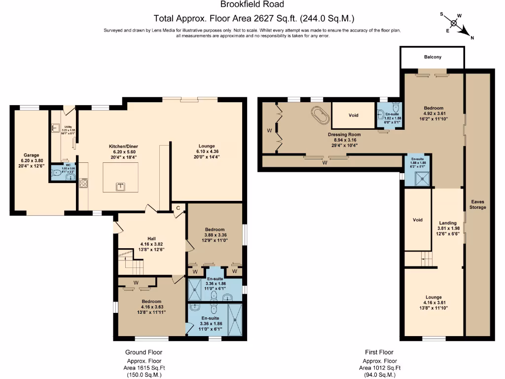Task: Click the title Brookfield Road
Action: (x=252, y=4)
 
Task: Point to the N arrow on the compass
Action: (x=466, y=33)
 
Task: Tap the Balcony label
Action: (x=433, y=57)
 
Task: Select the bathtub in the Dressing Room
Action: (x=321, y=115)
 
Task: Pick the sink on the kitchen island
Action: (x=120, y=186)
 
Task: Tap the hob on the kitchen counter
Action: (x=83, y=183)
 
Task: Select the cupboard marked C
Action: (x=178, y=208)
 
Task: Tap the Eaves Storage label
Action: (x=478, y=204)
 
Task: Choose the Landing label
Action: (x=448, y=223)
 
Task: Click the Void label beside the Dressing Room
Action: (x=353, y=115)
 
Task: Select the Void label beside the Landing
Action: (x=418, y=220)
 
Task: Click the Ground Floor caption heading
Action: (x=144, y=352)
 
